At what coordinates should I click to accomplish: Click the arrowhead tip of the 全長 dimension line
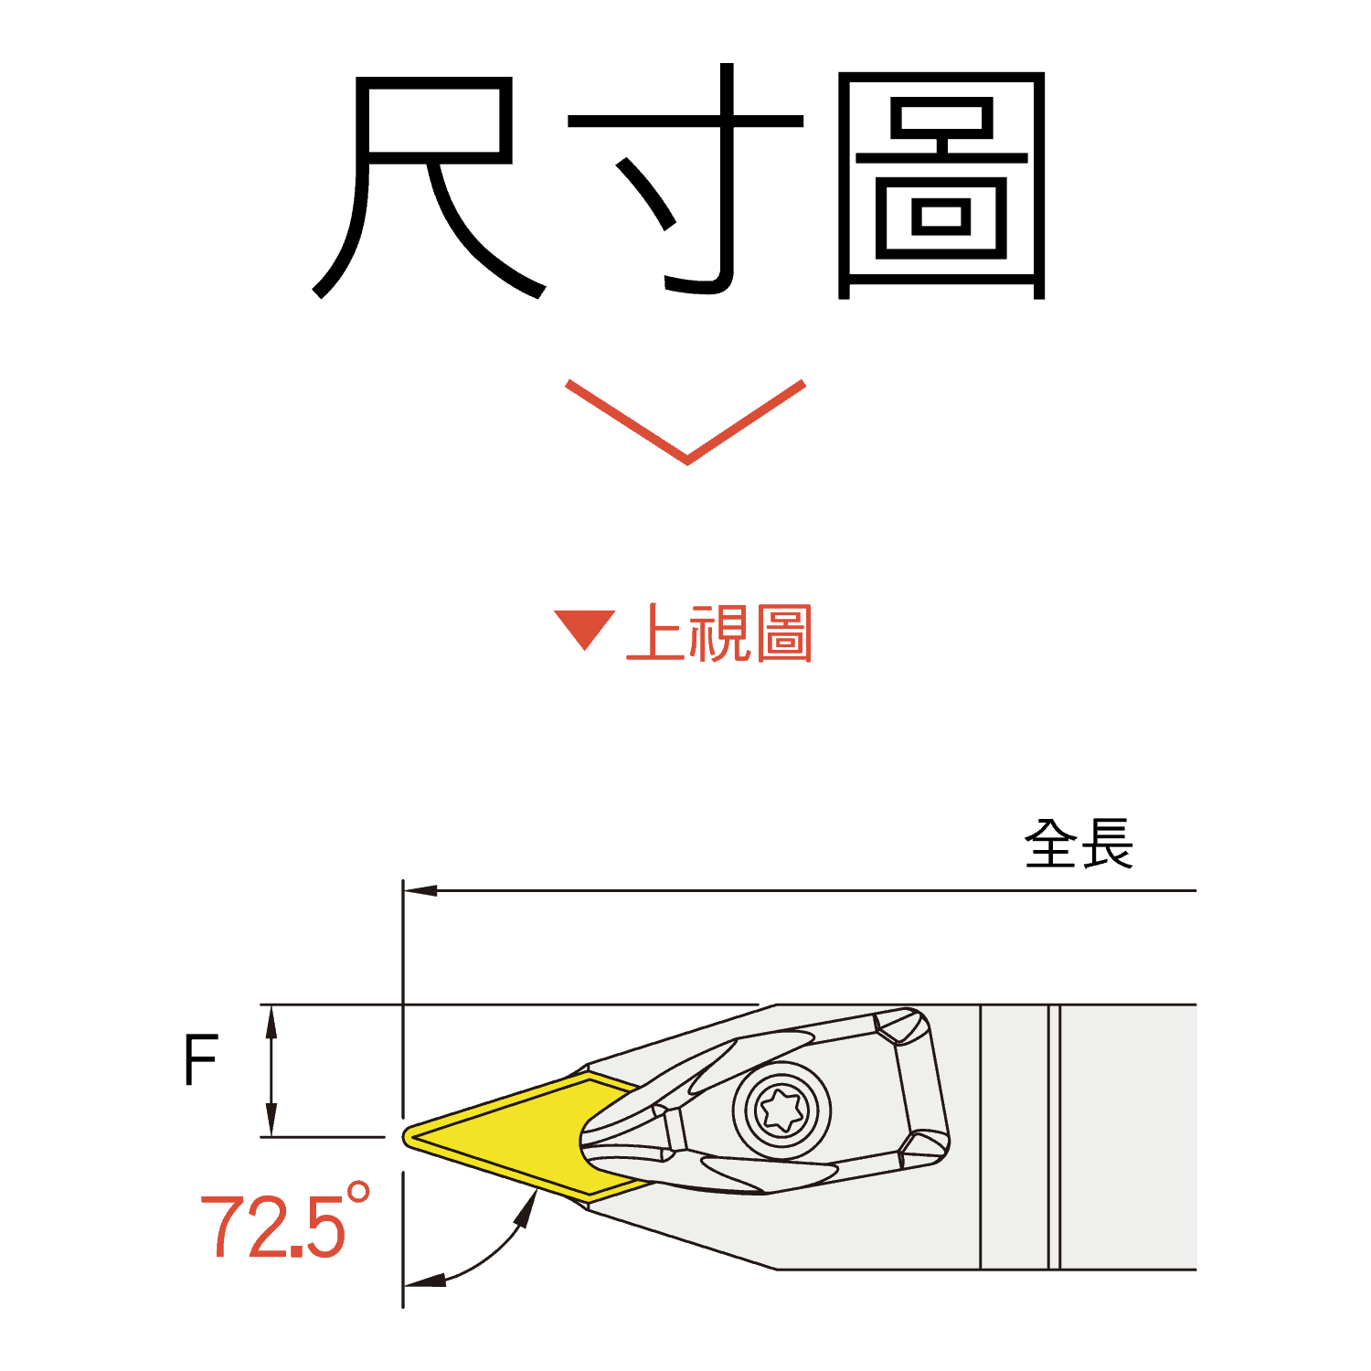coord(404,890)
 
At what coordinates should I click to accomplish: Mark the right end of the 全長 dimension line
coord(1196,890)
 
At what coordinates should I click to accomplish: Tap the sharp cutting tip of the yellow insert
coord(403,1137)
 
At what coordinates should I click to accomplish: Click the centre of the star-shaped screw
coord(782,1111)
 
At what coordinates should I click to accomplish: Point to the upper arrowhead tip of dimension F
coord(271,1006)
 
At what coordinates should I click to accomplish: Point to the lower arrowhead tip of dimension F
coord(271,1136)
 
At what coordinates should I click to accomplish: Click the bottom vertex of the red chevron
coord(686,462)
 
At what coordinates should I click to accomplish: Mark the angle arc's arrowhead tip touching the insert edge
coord(537,1189)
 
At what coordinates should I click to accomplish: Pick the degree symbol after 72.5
coord(358,1192)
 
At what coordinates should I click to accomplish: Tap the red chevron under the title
coord(686,421)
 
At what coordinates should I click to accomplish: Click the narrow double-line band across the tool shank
coord(1054,1137)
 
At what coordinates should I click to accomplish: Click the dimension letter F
coord(201,1059)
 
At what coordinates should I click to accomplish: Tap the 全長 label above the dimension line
coord(1079,843)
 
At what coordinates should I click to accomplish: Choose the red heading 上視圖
coord(719,632)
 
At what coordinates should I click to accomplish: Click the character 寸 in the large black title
coord(685,179)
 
